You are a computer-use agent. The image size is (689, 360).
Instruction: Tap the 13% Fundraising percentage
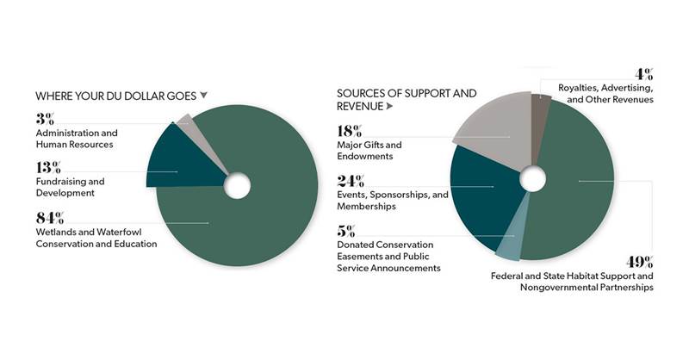click(48, 165)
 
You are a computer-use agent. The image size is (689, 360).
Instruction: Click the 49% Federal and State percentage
click(640, 261)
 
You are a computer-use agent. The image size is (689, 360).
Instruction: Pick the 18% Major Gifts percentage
click(351, 131)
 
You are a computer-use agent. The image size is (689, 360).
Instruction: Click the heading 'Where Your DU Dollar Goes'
click(115, 96)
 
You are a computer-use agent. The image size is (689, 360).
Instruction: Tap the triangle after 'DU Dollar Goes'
click(204, 96)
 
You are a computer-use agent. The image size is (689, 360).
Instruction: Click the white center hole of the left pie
click(237, 185)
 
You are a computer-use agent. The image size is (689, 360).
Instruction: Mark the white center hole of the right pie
click(533, 179)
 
